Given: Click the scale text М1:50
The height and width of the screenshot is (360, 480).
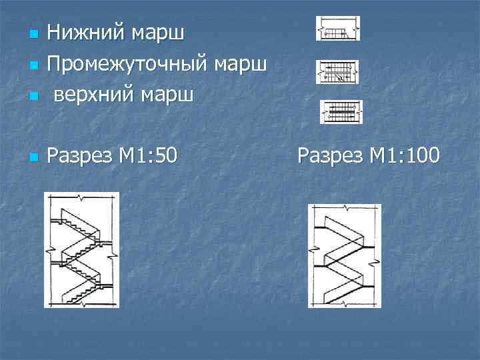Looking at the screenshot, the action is tap(148, 156).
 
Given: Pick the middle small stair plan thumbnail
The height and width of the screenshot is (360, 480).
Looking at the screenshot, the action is tap(337, 72).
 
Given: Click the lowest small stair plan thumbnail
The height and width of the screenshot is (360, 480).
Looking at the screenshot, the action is tap(341, 111).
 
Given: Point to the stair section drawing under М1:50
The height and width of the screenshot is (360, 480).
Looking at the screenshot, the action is tap(81, 250).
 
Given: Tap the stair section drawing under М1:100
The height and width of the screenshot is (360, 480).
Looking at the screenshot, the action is tap(344, 255).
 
